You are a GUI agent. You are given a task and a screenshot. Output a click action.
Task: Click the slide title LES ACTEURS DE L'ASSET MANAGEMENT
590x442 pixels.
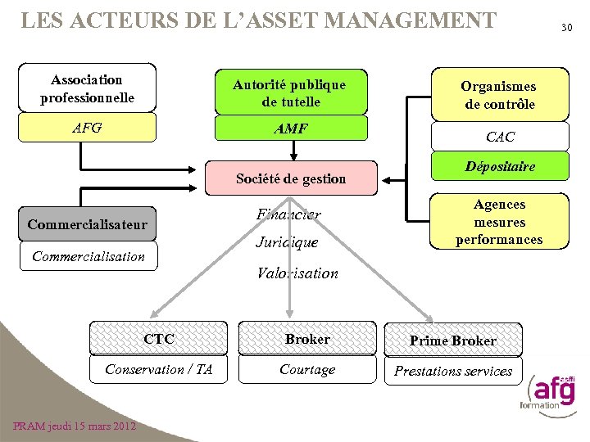[x=258, y=19]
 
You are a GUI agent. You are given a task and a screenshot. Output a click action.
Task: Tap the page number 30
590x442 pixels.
[x=565, y=29]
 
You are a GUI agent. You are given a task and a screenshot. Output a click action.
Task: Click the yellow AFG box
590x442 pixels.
[x=87, y=128]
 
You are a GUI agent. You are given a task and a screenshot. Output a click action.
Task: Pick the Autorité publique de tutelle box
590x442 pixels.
[x=289, y=93]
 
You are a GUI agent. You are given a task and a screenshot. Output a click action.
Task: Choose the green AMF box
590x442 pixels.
[x=289, y=129]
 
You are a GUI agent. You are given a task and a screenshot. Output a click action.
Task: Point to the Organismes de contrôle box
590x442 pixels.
[x=500, y=95]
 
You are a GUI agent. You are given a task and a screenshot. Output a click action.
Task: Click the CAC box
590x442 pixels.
[x=500, y=137]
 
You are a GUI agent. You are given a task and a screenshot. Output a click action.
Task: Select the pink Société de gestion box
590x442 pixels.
[x=291, y=178]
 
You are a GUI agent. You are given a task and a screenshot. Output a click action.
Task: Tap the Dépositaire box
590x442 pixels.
[x=500, y=167]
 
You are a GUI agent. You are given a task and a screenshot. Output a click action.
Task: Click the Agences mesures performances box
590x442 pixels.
[x=500, y=222]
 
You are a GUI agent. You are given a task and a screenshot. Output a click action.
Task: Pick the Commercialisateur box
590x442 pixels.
[x=87, y=224]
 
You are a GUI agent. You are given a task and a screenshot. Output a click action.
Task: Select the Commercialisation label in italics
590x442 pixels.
[x=88, y=256]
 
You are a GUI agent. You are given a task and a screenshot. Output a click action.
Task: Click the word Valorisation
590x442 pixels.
[x=297, y=273]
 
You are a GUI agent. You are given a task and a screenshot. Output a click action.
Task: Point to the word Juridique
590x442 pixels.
[x=286, y=243]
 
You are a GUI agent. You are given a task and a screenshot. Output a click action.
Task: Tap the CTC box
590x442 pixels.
[x=158, y=339]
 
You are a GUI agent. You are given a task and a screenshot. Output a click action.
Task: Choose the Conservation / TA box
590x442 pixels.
[x=158, y=370]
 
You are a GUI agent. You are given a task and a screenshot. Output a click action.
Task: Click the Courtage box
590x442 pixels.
[x=307, y=370]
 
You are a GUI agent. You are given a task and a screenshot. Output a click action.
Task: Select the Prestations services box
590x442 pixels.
[x=453, y=371]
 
